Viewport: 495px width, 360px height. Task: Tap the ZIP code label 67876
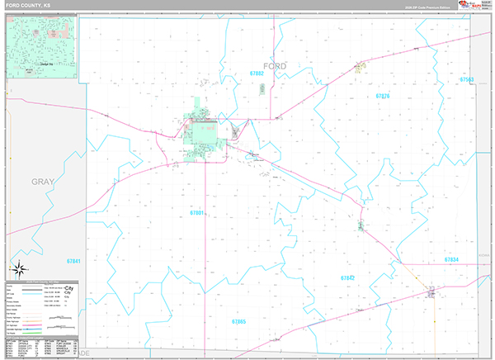[x=382, y=97]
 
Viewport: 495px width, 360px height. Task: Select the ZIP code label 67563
[x=467, y=79]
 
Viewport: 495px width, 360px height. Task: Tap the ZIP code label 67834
[x=450, y=259]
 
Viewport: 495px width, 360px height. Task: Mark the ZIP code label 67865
[x=239, y=320]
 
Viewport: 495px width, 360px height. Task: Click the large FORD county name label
[x=275, y=65]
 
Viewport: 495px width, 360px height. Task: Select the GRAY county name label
[x=42, y=181]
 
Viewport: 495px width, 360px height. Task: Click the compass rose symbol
[x=18, y=269]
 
